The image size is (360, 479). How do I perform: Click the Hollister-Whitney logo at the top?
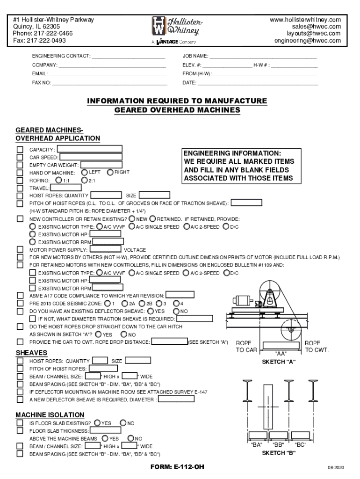pyautogui.click(x=176, y=29)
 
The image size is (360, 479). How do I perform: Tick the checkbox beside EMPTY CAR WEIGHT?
pyautogui.click(x=20, y=165)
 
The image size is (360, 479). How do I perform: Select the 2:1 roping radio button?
pyautogui.click(x=84, y=180)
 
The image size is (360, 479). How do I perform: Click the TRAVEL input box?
pyautogui.click(x=91, y=188)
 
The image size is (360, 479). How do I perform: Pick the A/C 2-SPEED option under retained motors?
pyautogui.click(x=187, y=273)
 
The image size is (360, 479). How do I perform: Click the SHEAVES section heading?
pyautogui.click(x=31, y=352)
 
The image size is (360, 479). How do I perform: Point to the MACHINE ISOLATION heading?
pyautogui.click(x=50, y=415)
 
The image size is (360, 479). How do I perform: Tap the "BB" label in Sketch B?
pyautogui.click(x=279, y=445)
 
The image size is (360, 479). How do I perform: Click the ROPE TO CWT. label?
pyautogui.click(x=317, y=347)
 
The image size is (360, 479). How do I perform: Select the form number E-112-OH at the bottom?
pyautogui.click(x=177, y=467)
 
